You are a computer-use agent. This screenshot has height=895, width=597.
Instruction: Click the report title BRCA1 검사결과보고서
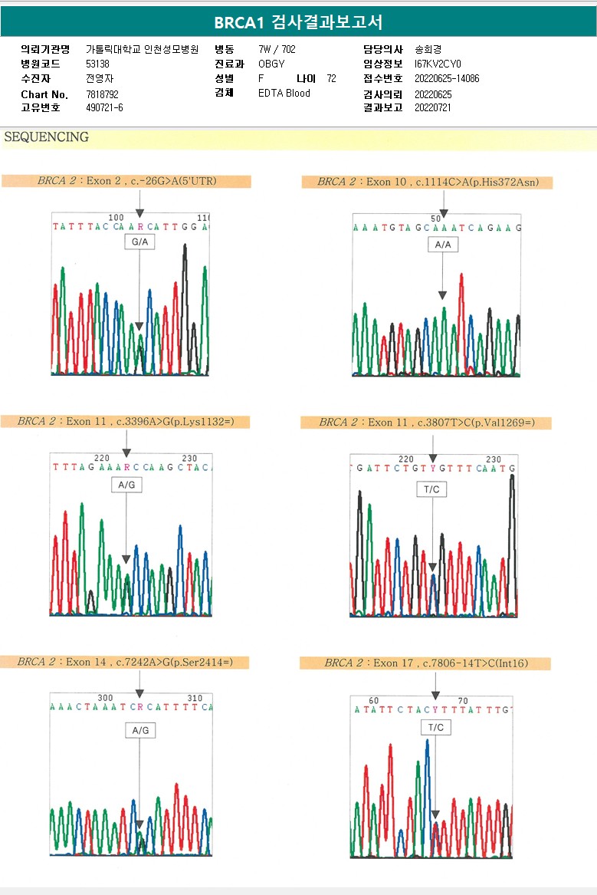pyautogui.click(x=298, y=21)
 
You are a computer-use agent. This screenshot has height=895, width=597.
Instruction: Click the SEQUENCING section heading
pyautogui.click(x=47, y=137)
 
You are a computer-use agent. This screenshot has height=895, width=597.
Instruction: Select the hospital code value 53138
pyautogui.click(x=97, y=64)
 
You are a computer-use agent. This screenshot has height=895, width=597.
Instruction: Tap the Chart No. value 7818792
pyautogui.click(x=102, y=94)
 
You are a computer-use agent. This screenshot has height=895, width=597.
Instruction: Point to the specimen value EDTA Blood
pyautogui.click(x=284, y=93)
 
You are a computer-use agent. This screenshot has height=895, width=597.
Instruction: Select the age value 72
pyautogui.click(x=331, y=78)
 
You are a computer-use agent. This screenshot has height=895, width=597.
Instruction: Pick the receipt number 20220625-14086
pyautogui.click(x=447, y=78)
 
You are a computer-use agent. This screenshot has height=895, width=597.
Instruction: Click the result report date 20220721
pyautogui.click(x=433, y=107)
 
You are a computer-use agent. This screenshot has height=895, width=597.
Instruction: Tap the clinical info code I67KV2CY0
pyautogui.click(x=438, y=64)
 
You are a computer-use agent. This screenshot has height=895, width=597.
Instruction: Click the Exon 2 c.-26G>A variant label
pyautogui.click(x=126, y=181)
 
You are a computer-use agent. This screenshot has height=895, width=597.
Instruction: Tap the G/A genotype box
pyautogui.click(x=139, y=242)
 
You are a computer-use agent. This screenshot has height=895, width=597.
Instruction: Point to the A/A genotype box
pyautogui.click(x=442, y=244)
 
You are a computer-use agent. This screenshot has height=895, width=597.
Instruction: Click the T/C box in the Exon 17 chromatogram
pyautogui.click(x=435, y=726)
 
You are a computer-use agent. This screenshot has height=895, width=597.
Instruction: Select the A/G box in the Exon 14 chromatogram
pyautogui.click(x=140, y=731)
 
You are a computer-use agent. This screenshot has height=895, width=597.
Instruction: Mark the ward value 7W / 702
pyautogui.click(x=277, y=49)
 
